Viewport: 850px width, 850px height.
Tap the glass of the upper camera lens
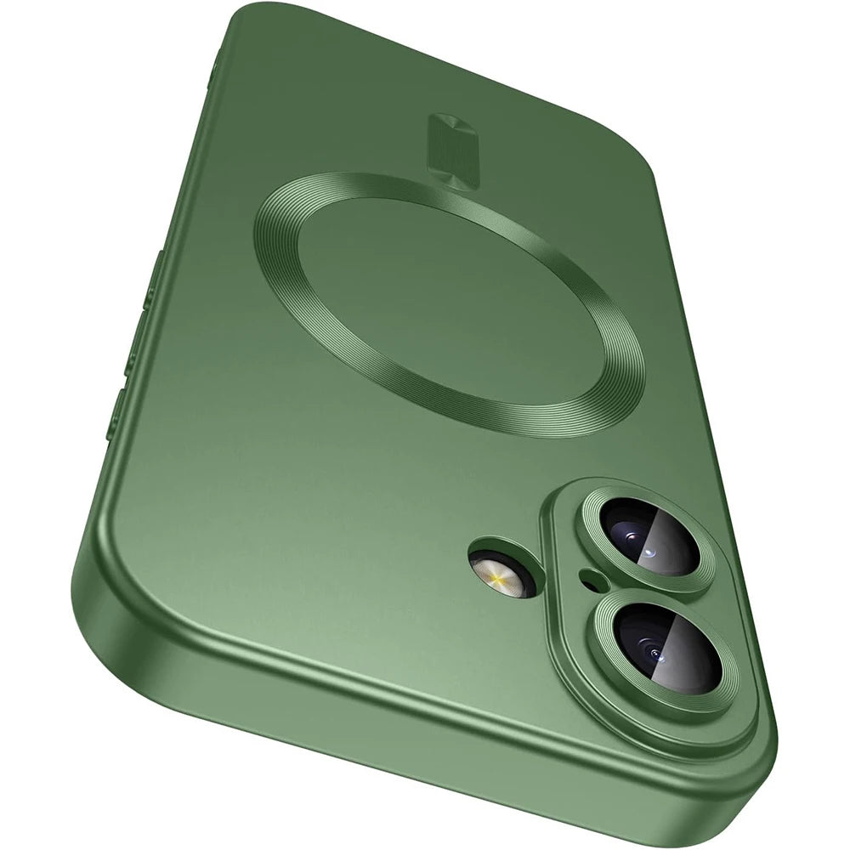click(650, 538)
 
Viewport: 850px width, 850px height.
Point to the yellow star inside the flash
click(496, 581)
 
